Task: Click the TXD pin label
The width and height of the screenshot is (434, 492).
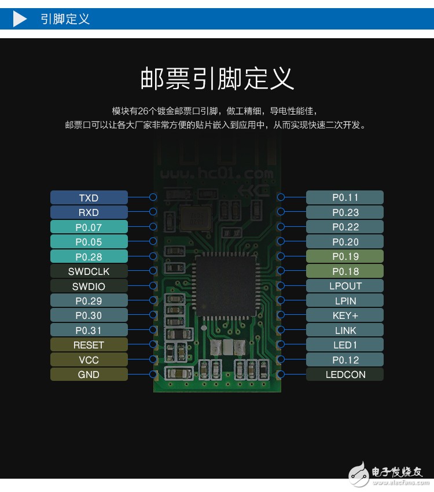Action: pos(89,198)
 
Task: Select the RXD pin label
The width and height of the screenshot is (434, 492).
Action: pos(89,212)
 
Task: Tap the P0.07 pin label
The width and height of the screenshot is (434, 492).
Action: pos(89,227)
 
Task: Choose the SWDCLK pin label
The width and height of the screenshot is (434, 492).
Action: pos(89,271)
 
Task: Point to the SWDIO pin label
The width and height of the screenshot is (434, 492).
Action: pos(89,286)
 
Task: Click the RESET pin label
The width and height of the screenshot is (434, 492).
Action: pos(89,345)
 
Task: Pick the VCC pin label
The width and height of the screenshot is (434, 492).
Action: pos(89,359)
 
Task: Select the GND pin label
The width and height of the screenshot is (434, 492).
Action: pos(89,374)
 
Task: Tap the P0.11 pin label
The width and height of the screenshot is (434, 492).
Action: pos(345,197)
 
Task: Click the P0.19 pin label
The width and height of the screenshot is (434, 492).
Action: pos(345,256)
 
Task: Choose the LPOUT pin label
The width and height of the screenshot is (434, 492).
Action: pos(345,286)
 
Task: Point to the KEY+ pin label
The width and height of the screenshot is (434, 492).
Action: pos(345,315)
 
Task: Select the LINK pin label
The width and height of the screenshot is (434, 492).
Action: pos(345,331)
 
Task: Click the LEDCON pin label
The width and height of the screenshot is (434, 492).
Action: pos(345,374)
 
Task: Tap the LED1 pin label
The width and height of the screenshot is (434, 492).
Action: pos(345,345)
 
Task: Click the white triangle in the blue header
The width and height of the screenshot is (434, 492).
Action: pos(20,19)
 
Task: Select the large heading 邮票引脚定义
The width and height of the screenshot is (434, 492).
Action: pos(217,78)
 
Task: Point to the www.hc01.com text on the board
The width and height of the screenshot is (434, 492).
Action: pos(216,174)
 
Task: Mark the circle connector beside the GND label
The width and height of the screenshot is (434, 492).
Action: pos(153,374)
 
